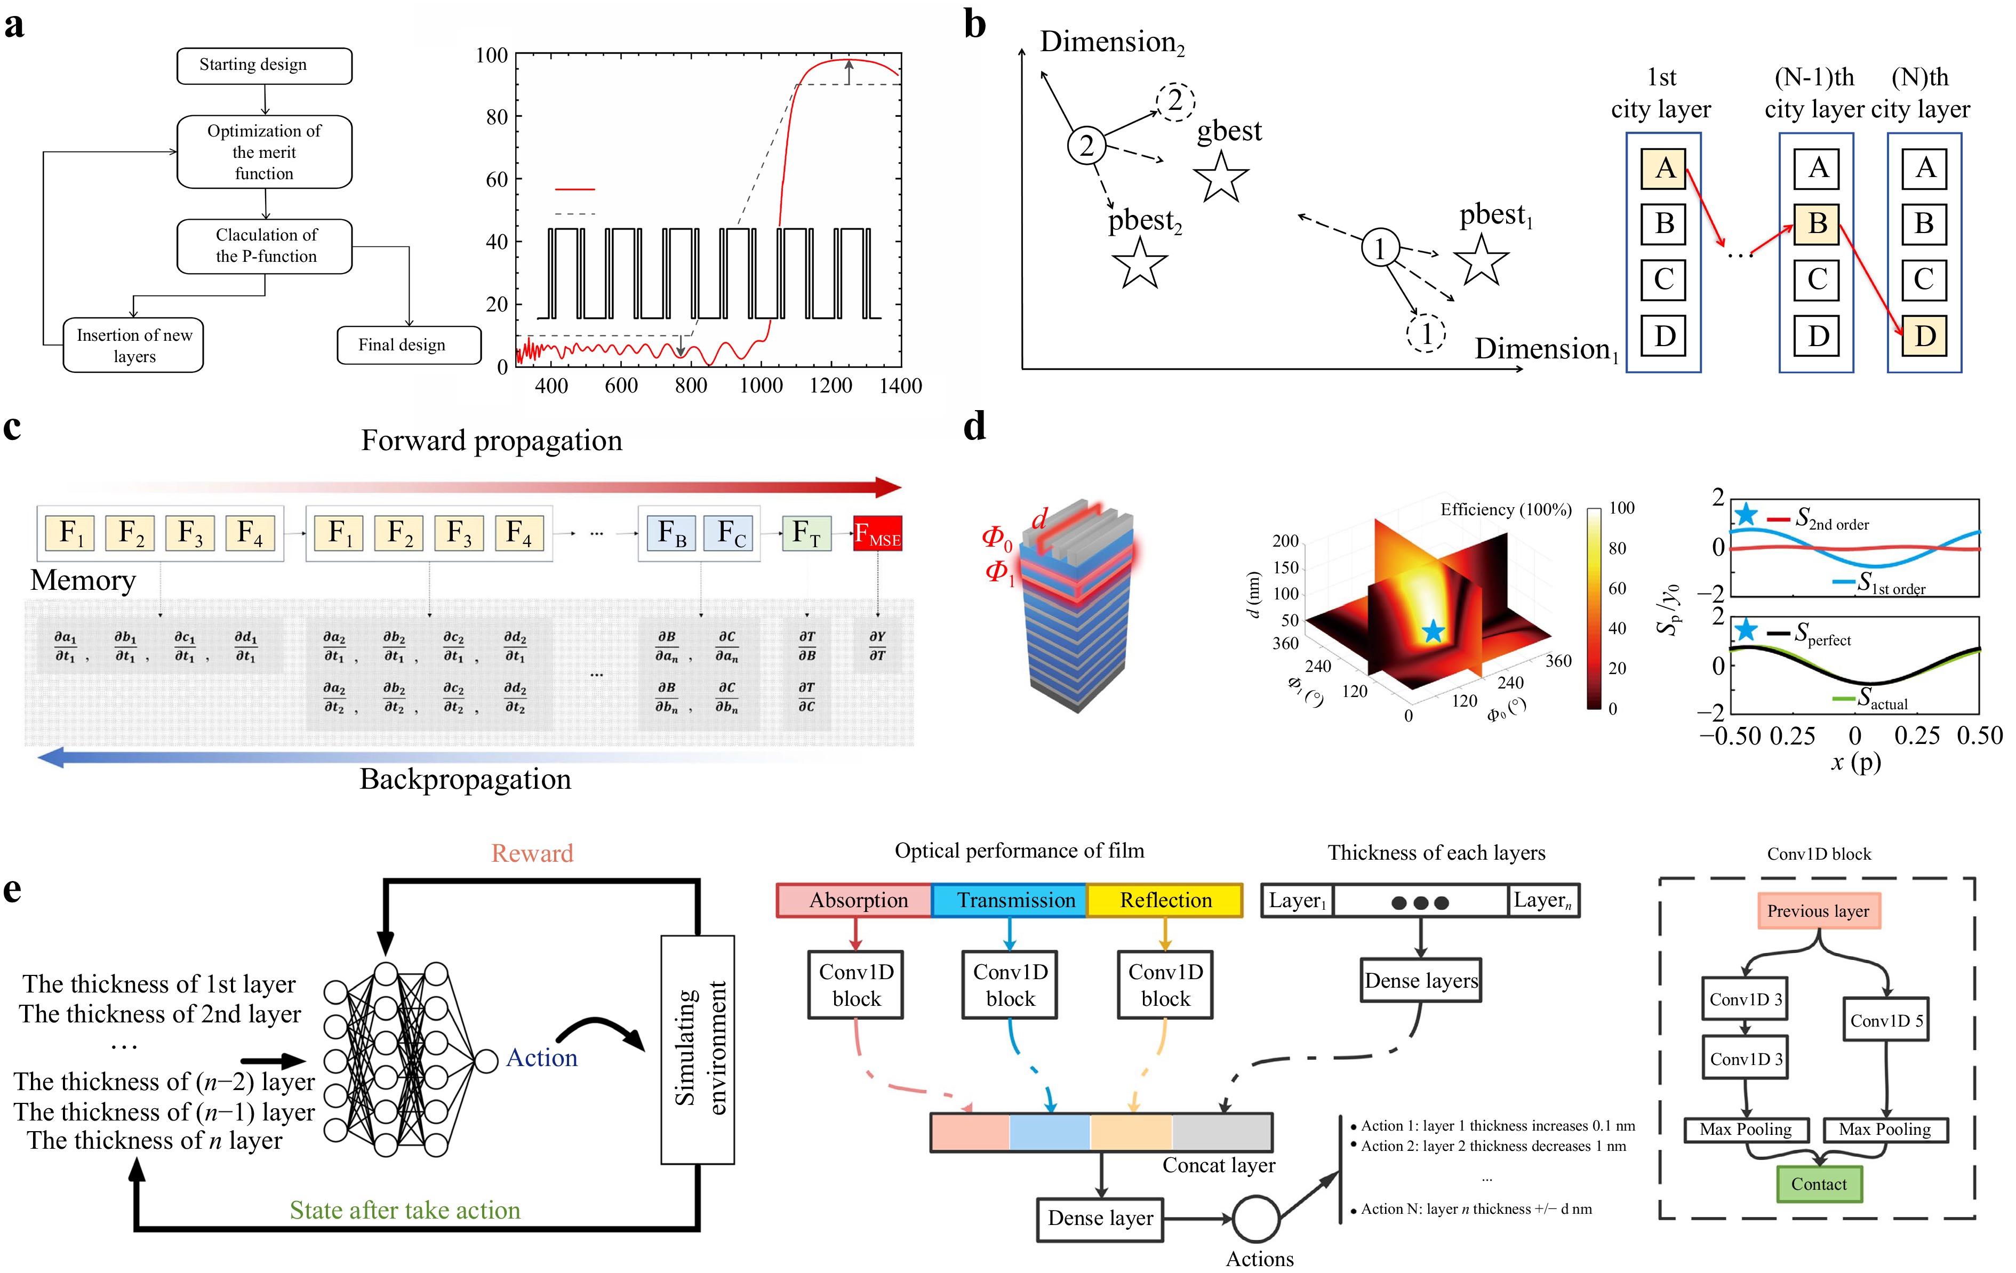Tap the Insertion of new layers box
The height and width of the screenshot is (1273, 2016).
(133, 345)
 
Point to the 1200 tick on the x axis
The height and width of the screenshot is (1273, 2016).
(830, 386)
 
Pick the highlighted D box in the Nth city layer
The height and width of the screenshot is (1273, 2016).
(1925, 335)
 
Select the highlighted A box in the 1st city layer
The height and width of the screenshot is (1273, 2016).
(1665, 168)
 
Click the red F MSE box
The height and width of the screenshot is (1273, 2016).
(877, 534)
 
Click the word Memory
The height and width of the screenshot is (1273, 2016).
(83, 580)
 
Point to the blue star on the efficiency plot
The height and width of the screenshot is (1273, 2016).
(1433, 631)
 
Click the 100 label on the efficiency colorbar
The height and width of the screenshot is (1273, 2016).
(1622, 508)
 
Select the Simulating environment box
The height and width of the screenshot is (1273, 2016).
(698, 1050)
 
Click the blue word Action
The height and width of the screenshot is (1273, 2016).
(542, 1058)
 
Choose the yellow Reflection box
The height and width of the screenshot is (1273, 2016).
(1165, 901)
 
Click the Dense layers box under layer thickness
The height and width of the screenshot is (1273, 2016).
(1421, 981)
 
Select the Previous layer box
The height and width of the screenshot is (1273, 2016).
(1819, 911)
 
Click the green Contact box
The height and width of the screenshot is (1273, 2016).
(1819, 1184)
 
